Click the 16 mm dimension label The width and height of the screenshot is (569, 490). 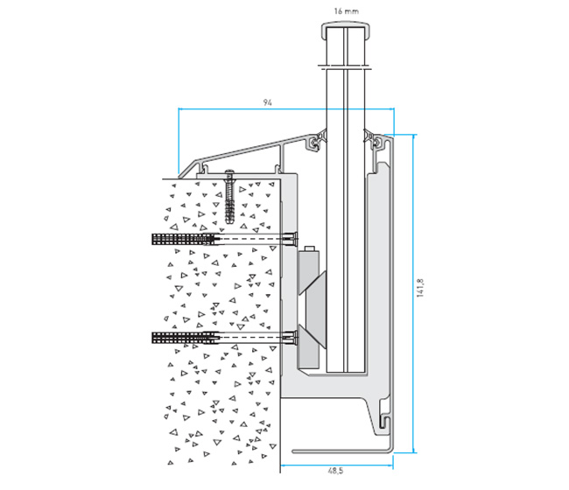pyautogui.click(x=348, y=11)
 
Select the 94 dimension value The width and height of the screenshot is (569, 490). pyautogui.click(x=268, y=102)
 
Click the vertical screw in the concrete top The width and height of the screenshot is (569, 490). pyautogui.click(x=228, y=197)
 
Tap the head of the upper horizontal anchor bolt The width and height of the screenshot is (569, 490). pyautogui.click(x=291, y=237)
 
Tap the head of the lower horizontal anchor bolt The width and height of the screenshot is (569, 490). pyautogui.click(x=291, y=335)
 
